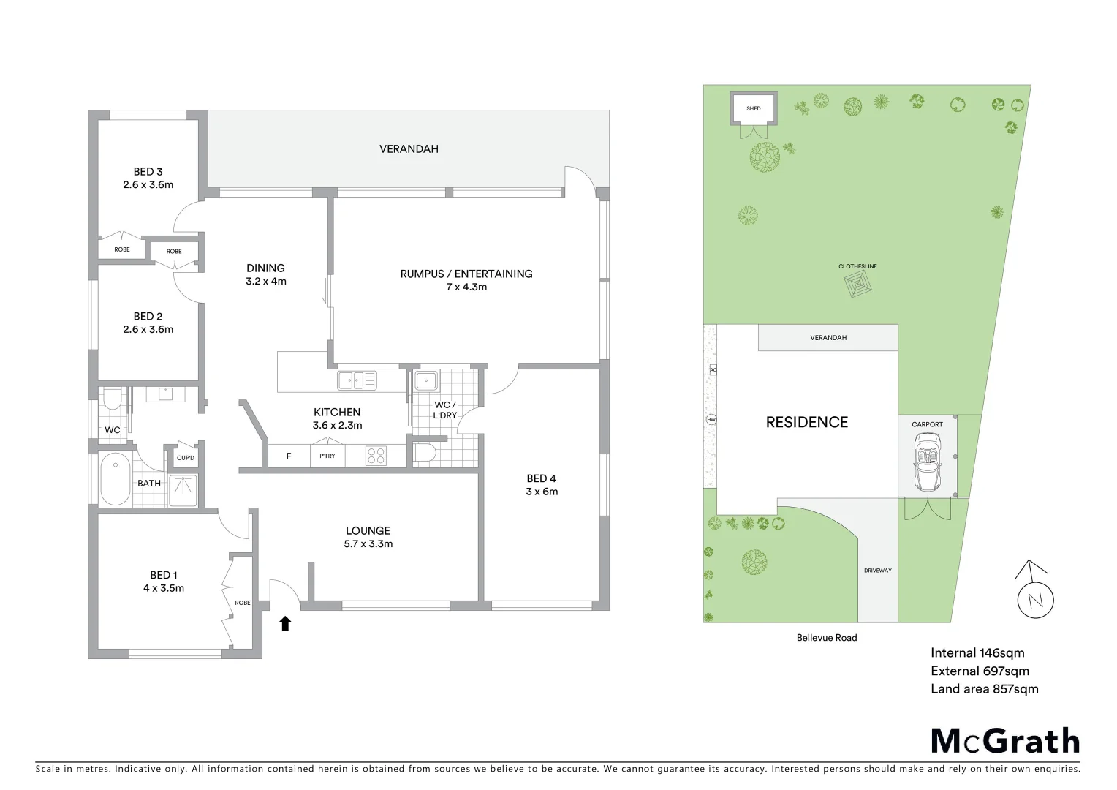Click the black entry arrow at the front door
point(285,623)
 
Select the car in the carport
point(927,462)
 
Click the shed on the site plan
point(753,109)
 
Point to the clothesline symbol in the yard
point(858,284)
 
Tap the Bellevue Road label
point(827,638)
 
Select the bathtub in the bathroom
point(115,479)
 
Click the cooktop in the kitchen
point(376,456)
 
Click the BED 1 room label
point(163,575)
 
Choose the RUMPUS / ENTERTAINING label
point(466,274)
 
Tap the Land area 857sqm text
point(984,688)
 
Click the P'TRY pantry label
point(327,456)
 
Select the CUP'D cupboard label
point(186,458)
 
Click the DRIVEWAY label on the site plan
point(877,571)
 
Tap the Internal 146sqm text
point(977,653)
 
